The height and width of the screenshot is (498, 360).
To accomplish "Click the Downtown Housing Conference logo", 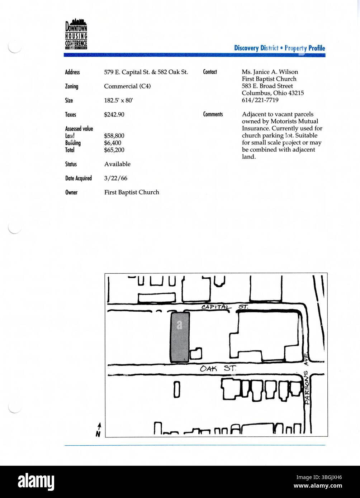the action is click(x=76, y=34).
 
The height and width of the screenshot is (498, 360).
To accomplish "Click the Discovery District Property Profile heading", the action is click(x=279, y=48).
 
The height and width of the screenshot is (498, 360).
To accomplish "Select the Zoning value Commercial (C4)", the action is click(x=127, y=86).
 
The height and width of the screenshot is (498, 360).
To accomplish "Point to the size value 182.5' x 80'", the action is click(x=118, y=101).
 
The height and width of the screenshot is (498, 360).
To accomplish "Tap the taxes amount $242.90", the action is click(x=114, y=115).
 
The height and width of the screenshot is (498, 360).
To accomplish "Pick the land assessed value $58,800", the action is click(x=114, y=136).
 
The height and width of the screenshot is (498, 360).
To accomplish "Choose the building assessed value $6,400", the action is click(x=113, y=143).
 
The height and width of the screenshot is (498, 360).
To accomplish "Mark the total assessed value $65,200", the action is click(x=114, y=150).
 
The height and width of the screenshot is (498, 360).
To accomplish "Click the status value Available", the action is click(x=117, y=164).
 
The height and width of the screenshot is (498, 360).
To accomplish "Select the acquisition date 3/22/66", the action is click(x=115, y=178).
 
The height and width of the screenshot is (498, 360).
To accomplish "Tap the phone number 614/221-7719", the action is click(x=260, y=100).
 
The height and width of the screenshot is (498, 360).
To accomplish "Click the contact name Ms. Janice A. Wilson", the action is click(x=270, y=72).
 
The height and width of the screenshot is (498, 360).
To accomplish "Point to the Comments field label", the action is click(x=213, y=114).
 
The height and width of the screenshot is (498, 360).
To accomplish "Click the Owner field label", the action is click(x=71, y=192).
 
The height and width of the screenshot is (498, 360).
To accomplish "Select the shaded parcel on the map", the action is click(x=180, y=337).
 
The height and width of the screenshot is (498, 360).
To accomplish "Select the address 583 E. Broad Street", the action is click(x=267, y=86).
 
